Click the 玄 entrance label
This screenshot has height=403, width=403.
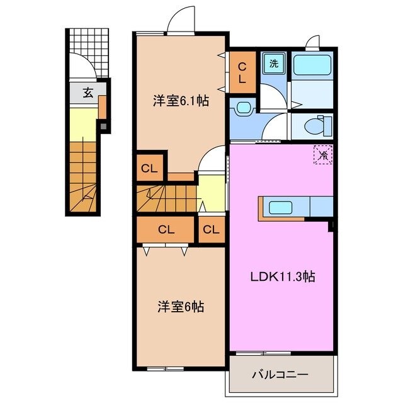(x=88, y=93)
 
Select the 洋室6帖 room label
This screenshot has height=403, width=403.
(x=180, y=307)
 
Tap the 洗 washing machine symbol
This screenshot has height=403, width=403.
(x=274, y=63)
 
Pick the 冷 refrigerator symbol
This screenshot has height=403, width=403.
(x=323, y=153)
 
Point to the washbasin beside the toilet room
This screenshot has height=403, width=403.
(x=242, y=108)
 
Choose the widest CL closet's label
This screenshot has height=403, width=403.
(x=166, y=230)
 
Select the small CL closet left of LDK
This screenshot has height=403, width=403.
(x=212, y=230)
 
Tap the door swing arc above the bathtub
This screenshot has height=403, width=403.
(x=312, y=42)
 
